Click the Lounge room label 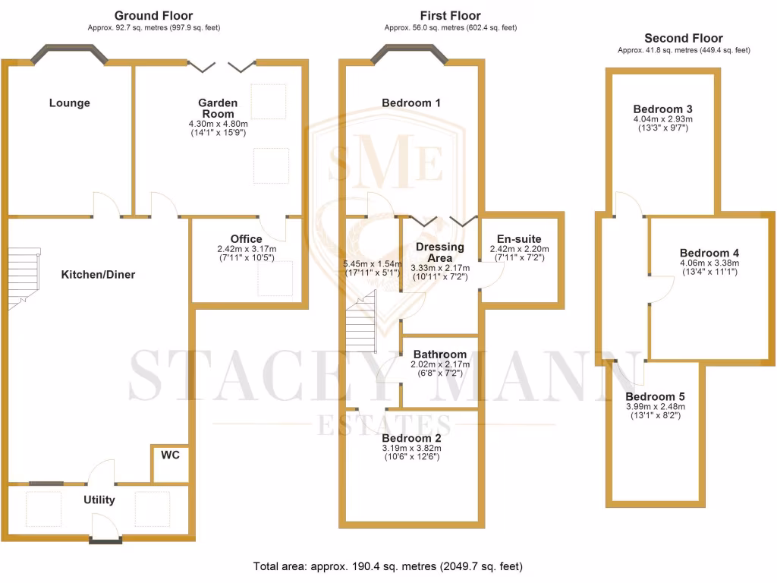[x=69, y=103]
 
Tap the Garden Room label [x=218, y=108]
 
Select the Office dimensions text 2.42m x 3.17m [x=246, y=249]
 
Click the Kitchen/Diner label [x=98, y=274]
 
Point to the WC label [x=170, y=455]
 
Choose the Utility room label [x=99, y=499]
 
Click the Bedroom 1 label [x=411, y=102]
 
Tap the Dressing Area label [x=439, y=253]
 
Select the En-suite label [x=519, y=239]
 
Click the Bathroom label [x=439, y=355]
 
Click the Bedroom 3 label [x=662, y=109]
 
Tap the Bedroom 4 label [x=709, y=253]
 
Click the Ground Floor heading [x=153, y=15]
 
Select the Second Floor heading [x=683, y=38]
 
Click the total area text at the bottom [x=388, y=566]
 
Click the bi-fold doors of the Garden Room [x=221, y=67]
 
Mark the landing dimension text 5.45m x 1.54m [x=371, y=263]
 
